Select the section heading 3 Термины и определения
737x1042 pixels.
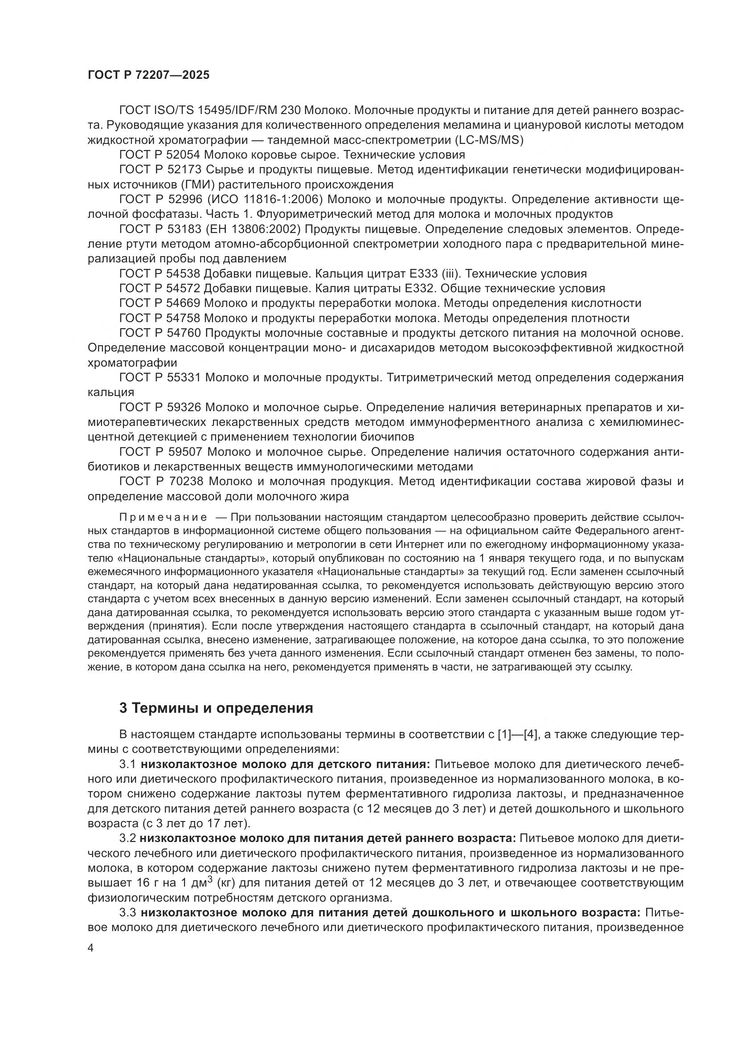pos(216,708)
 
